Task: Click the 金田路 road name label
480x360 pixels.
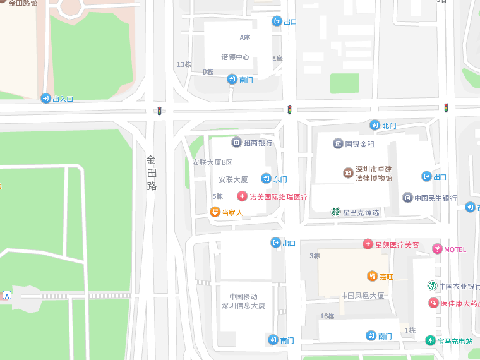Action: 152,172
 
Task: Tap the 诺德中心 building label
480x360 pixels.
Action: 235,57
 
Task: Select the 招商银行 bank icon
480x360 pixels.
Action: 236,142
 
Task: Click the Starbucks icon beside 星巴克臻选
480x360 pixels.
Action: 335,212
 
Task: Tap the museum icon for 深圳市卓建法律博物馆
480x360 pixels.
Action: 347,173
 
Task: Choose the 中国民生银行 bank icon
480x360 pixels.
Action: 407,198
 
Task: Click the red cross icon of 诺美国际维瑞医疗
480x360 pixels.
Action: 242,196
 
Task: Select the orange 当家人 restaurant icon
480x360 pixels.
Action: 215,212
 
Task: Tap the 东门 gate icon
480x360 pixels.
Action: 266,179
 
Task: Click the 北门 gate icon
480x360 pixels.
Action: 375,125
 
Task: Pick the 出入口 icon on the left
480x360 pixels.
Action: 45,99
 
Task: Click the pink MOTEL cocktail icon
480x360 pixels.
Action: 437,249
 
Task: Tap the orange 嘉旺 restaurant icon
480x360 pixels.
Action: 372,276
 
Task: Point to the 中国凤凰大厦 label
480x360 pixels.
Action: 363,296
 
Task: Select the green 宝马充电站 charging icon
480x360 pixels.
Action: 430,340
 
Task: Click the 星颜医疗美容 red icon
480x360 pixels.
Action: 368,244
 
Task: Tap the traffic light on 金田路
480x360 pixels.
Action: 159,111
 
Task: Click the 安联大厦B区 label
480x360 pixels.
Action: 212,162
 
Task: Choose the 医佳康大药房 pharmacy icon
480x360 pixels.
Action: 433,303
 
